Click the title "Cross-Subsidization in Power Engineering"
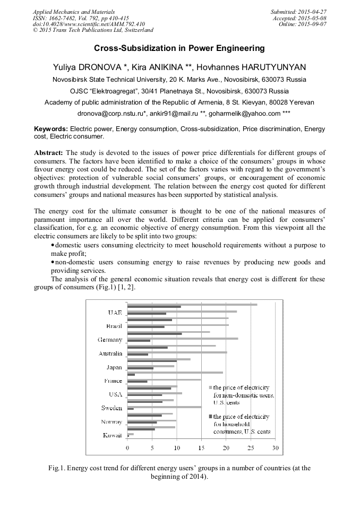point(179,48)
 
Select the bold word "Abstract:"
point(49,153)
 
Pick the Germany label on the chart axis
point(110,340)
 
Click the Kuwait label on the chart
point(112,436)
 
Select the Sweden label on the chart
point(112,408)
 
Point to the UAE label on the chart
point(115,313)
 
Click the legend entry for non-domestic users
point(243,395)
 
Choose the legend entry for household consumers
point(241,424)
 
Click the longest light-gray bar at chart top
point(192,305)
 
